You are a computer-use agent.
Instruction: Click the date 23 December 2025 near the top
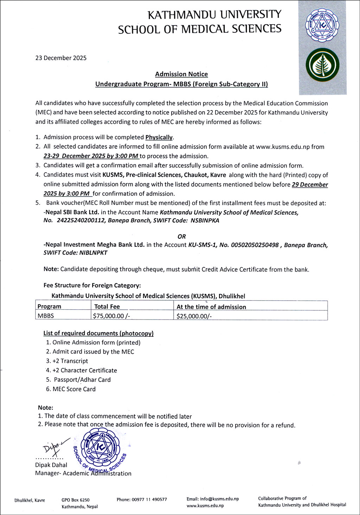coord(61,58)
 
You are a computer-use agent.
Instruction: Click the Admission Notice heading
coord(181,74)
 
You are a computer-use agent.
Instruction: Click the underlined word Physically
coord(159,137)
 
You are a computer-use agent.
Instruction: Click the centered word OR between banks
coord(182,237)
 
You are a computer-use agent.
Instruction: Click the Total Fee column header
coord(107,307)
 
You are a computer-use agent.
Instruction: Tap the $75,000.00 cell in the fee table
coord(111,316)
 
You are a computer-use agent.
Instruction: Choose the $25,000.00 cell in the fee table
coord(194,316)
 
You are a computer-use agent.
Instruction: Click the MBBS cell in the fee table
coord(46,316)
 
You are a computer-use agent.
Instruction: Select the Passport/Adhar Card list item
coord(82,380)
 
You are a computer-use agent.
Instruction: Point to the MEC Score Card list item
coord(74,389)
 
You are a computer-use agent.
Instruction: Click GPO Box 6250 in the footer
coord(75,500)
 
